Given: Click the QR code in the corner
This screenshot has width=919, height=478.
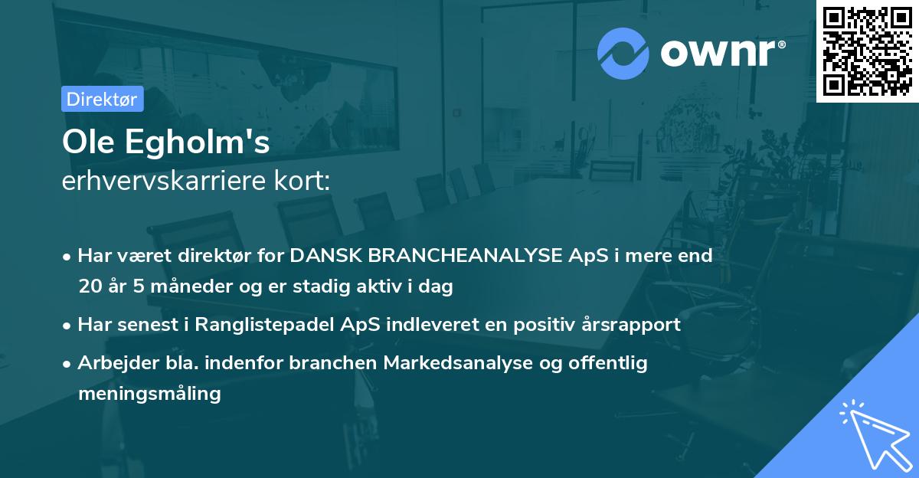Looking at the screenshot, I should click(x=868, y=51).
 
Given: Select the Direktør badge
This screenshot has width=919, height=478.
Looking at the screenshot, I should click(x=102, y=99).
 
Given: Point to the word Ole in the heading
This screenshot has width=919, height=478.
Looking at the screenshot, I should click(x=85, y=142).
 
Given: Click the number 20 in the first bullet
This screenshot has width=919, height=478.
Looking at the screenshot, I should click(x=89, y=286).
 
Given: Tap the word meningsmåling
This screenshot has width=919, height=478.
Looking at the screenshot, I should click(x=149, y=395).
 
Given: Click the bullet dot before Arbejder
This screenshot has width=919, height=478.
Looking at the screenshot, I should click(x=68, y=364).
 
